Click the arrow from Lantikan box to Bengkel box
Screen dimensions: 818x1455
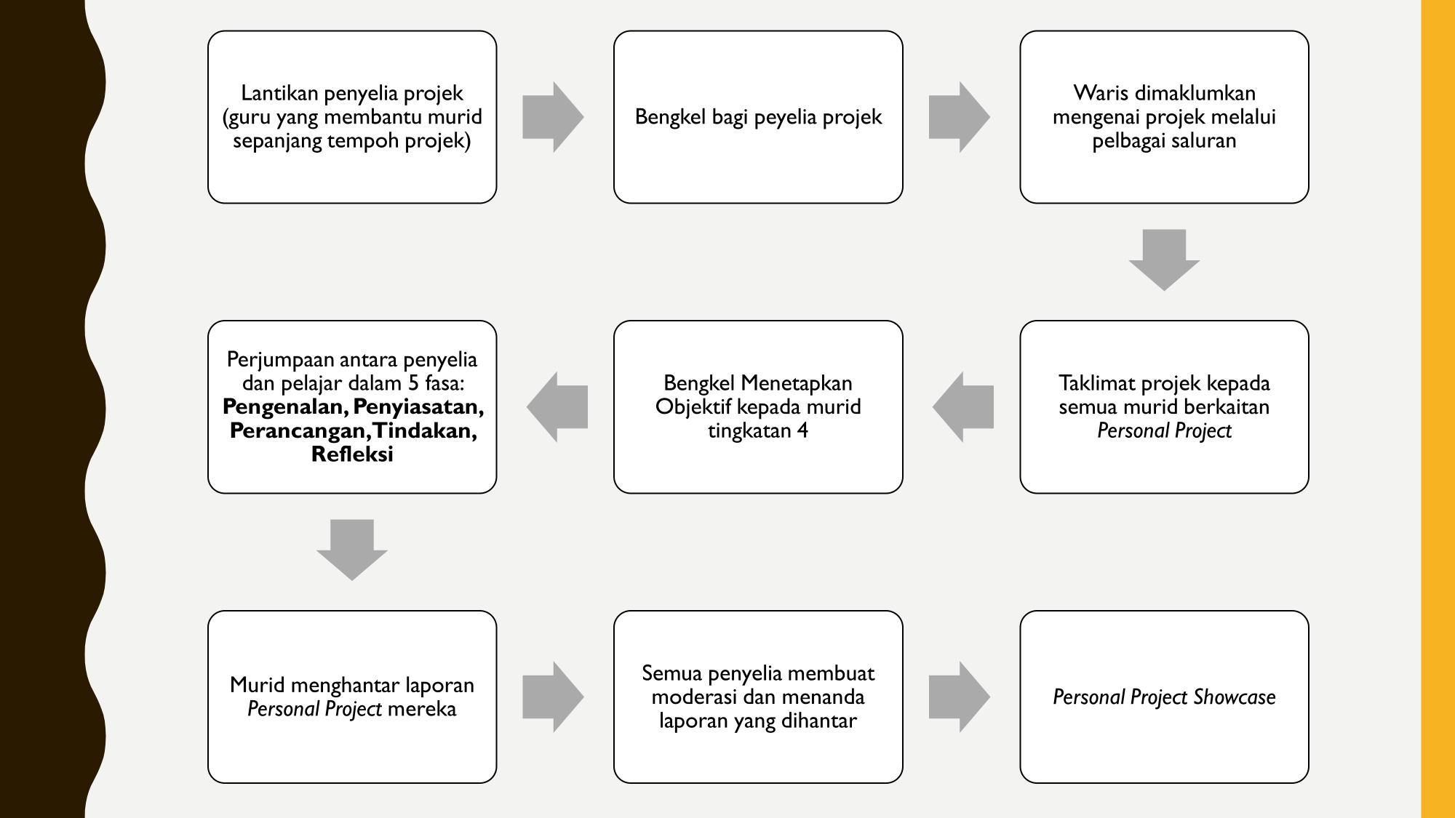[x=552, y=117]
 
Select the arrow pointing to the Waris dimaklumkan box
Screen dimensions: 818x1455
[x=958, y=117]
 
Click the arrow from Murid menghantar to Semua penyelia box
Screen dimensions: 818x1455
[x=552, y=697]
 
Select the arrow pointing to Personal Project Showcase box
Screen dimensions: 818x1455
[x=958, y=697]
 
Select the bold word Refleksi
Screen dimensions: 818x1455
[x=352, y=454]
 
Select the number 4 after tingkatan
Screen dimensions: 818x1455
[x=802, y=430]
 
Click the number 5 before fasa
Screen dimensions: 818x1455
[x=413, y=383]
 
